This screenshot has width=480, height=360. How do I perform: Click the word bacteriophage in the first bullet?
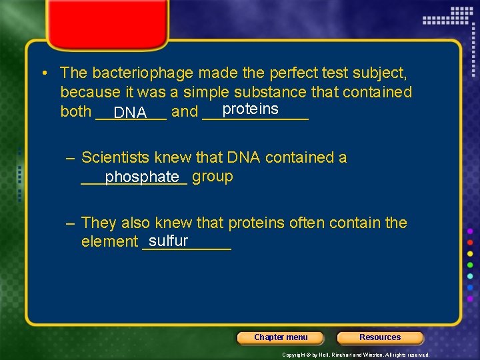[x=143, y=73]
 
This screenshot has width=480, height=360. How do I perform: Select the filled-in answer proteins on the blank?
[x=250, y=109]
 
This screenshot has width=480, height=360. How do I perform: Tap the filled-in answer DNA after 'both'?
[x=130, y=113]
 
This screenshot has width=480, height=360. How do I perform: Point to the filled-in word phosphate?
[x=142, y=177]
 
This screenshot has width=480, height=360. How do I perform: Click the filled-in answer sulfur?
[x=168, y=241]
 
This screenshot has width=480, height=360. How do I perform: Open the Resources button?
[x=380, y=337]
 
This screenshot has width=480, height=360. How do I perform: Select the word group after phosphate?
[x=212, y=177]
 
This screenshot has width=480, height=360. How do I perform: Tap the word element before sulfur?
[x=109, y=242]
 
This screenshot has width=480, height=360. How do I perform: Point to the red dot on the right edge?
[x=470, y=242]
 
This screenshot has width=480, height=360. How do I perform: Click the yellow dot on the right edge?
[x=470, y=253]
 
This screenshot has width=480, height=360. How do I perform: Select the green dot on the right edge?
[x=470, y=265]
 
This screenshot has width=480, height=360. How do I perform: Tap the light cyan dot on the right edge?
[x=470, y=276]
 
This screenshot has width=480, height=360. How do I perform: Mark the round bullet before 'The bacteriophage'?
[x=43, y=73]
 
